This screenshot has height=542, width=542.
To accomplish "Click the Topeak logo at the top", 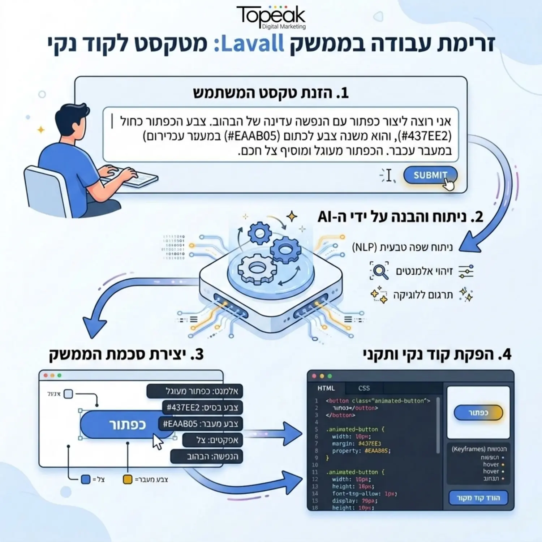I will click(271, 16).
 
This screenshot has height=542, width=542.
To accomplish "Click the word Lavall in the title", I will click(252, 44).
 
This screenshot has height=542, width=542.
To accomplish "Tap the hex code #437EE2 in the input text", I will click(426, 136).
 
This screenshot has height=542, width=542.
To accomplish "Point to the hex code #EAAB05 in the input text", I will click(253, 136).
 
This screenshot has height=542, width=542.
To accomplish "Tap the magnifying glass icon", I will click(379, 271).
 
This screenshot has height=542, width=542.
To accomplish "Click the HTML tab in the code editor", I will click(326, 388).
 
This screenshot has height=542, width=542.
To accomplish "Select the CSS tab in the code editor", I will click(364, 388).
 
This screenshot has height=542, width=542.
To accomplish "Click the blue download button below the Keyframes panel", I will click(478, 498).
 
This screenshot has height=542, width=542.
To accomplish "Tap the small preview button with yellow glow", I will click(478, 413).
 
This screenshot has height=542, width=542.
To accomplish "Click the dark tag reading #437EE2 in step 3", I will click(202, 408).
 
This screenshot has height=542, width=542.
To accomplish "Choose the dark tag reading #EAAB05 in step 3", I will click(200, 423).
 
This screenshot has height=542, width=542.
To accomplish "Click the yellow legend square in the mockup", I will click(128, 479).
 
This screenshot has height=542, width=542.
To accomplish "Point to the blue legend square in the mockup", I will click(86, 479).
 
